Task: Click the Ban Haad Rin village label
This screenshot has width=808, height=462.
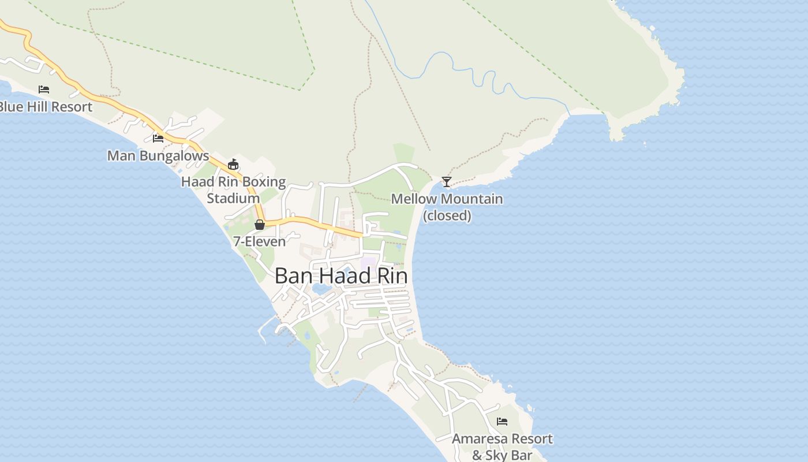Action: point(341,276)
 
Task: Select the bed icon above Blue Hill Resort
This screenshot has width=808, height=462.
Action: point(44,90)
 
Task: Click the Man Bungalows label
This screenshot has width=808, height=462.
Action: point(158,156)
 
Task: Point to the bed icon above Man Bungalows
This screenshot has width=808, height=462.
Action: point(158,138)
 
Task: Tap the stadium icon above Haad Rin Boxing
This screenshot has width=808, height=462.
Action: point(233,165)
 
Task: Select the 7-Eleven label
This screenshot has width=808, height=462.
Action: point(259,241)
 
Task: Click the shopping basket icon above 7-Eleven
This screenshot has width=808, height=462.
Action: point(260,225)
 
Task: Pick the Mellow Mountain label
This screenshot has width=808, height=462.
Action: point(447,199)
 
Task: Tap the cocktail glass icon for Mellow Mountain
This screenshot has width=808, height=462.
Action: point(446,182)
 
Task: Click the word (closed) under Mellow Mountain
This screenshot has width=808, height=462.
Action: point(447,216)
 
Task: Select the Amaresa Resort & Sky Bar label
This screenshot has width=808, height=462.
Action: point(502,447)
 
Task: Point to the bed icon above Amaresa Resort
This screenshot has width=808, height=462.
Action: point(502,422)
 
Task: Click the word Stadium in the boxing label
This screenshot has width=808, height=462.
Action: point(233,199)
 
